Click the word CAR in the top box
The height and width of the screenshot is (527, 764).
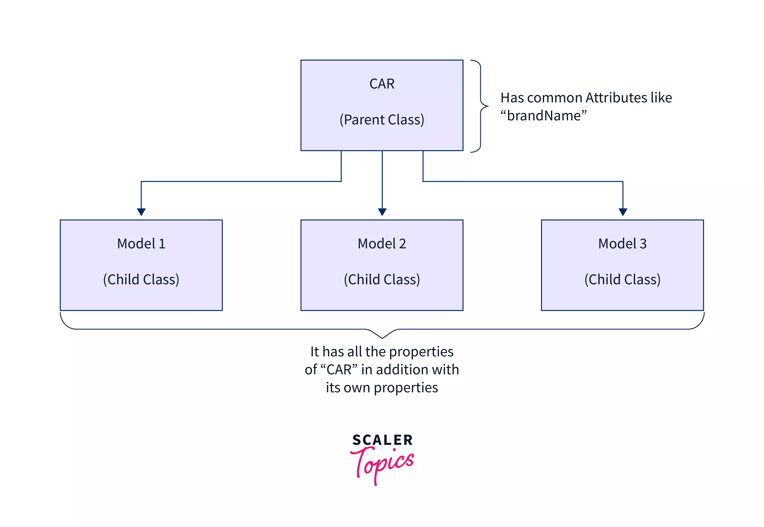pyautogui.click(x=382, y=84)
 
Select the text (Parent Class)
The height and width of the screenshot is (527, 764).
pyautogui.click(x=382, y=119)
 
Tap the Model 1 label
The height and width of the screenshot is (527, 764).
pyautogui.click(x=141, y=244)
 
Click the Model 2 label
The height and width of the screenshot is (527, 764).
pyautogui.click(x=382, y=244)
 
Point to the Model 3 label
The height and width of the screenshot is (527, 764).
pyautogui.click(x=622, y=244)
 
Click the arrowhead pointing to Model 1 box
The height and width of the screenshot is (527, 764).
pyautogui.click(x=141, y=212)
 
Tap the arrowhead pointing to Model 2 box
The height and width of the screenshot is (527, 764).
pyautogui.click(x=382, y=212)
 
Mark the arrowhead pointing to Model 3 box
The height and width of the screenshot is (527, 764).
pyautogui.click(x=623, y=212)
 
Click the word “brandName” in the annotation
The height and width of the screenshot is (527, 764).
pyautogui.click(x=543, y=116)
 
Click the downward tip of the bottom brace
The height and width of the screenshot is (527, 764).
pyautogui.click(x=382, y=338)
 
